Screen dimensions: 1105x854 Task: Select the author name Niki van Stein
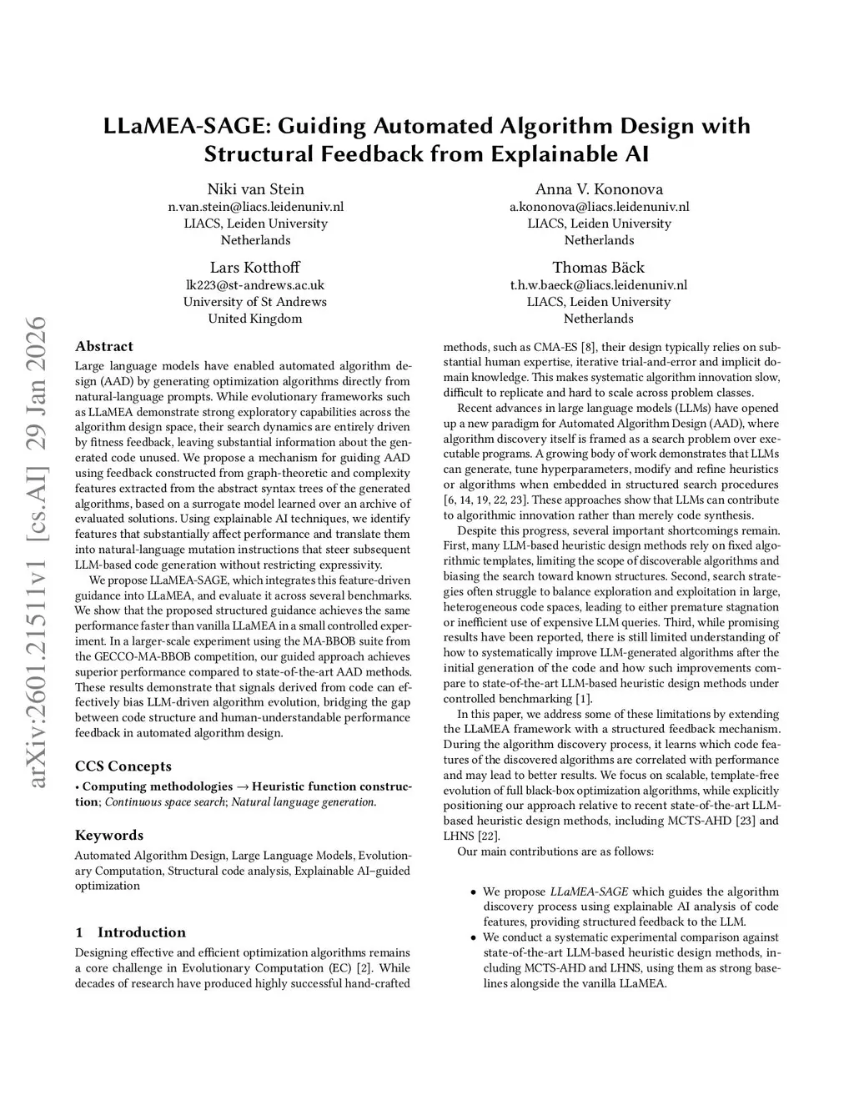point(255,189)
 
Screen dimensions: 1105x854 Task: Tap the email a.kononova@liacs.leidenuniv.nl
point(599,207)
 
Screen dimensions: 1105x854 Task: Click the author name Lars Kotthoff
point(254,268)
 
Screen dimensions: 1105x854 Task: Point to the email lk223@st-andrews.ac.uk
point(254,285)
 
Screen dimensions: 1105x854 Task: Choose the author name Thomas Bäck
point(599,268)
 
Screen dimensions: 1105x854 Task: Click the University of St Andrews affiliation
point(254,302)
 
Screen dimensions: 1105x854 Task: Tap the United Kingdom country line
point(254,319)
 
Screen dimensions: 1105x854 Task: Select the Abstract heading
point(104,347)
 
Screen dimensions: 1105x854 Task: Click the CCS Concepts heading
point(123,766)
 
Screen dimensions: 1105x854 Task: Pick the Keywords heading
point(109,836)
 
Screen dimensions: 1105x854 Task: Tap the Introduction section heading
point(141,932)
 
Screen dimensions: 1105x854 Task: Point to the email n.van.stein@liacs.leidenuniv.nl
point(255,207)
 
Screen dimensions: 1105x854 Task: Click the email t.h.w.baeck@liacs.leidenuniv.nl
point(599,285)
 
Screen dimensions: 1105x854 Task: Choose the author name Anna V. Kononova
point(599,189)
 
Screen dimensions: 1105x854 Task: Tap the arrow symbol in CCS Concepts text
point(243,786)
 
